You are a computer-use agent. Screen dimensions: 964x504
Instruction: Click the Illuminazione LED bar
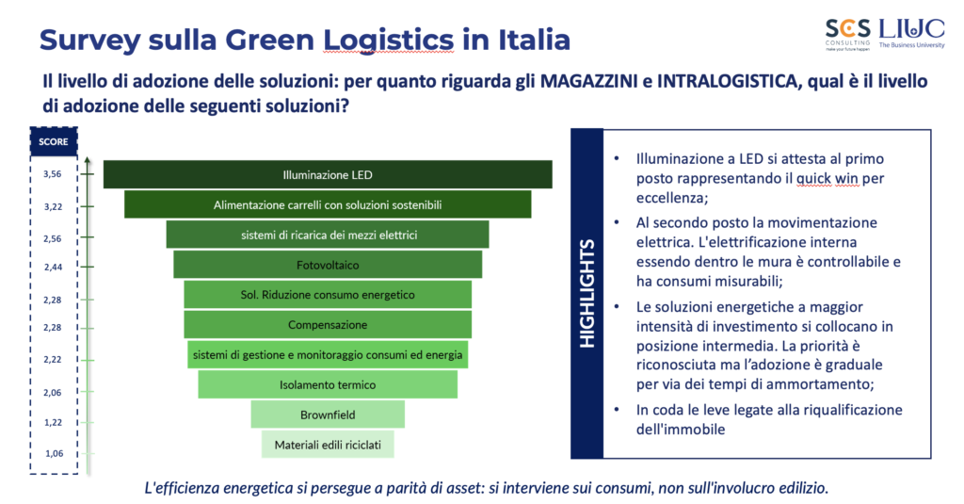(328, 174)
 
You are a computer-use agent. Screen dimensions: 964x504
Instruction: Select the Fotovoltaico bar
(328, 265)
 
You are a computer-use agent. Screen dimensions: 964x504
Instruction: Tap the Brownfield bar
(328, 415)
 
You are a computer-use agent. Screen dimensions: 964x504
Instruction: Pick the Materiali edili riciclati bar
(328, 445)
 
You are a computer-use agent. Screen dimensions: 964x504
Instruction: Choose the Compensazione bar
(328, 324)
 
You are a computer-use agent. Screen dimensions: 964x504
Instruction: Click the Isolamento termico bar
(328, 384)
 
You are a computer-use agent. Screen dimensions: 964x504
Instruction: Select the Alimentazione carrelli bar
(328, 204)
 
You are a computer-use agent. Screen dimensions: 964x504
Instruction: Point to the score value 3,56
(53, 174)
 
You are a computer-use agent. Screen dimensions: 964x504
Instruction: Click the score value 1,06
(54, 453)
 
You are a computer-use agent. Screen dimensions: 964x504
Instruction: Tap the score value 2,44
(53, 268)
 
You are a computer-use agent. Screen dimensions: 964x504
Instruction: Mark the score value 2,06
(53, 393)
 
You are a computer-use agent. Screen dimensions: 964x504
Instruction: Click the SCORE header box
(54, 141)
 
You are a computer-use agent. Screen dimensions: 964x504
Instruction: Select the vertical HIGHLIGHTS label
(587, 294)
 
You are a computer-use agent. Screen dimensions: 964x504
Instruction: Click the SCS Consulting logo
(848, 35)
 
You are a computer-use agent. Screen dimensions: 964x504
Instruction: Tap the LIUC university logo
(911, 33)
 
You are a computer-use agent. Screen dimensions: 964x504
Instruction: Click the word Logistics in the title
(389, 40)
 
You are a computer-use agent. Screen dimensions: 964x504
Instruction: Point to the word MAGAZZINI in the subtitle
(589, 81)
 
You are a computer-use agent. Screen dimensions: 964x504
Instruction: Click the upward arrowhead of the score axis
(88, 160)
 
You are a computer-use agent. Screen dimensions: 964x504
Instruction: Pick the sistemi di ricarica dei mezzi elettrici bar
(328, 235)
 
